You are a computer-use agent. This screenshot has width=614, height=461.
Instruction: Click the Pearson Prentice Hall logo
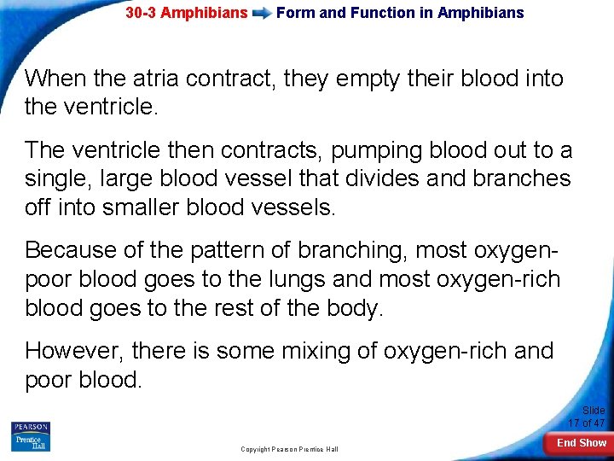tap(31, 435)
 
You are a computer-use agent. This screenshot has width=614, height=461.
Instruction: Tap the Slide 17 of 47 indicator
tap(588, 417)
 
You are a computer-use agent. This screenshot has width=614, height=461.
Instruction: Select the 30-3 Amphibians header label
tap(186, 13)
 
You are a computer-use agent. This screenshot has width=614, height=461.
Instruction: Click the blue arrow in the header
tap(262, 14)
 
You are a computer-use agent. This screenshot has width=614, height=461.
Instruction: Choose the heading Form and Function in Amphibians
tap(400, 13)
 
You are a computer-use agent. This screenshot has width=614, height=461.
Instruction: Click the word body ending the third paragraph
tap(354, 306)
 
